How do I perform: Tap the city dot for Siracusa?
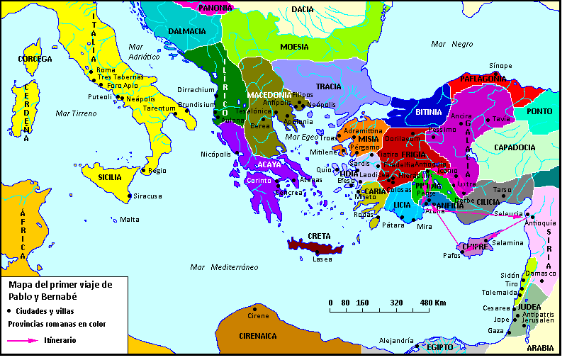coord(129,196)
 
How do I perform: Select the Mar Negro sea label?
coord(451,44)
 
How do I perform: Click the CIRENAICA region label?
coord(257,337)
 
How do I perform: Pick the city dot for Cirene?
coord(256,308)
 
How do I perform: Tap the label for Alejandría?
coord(396,341)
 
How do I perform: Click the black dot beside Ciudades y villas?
coord(9,311)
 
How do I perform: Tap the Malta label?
coord(130,219)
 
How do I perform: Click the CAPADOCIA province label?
coord(515,147)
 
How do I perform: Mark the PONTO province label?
coord(539,111)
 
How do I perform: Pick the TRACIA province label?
coord(328,86)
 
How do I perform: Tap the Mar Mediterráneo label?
coord(225,267)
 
